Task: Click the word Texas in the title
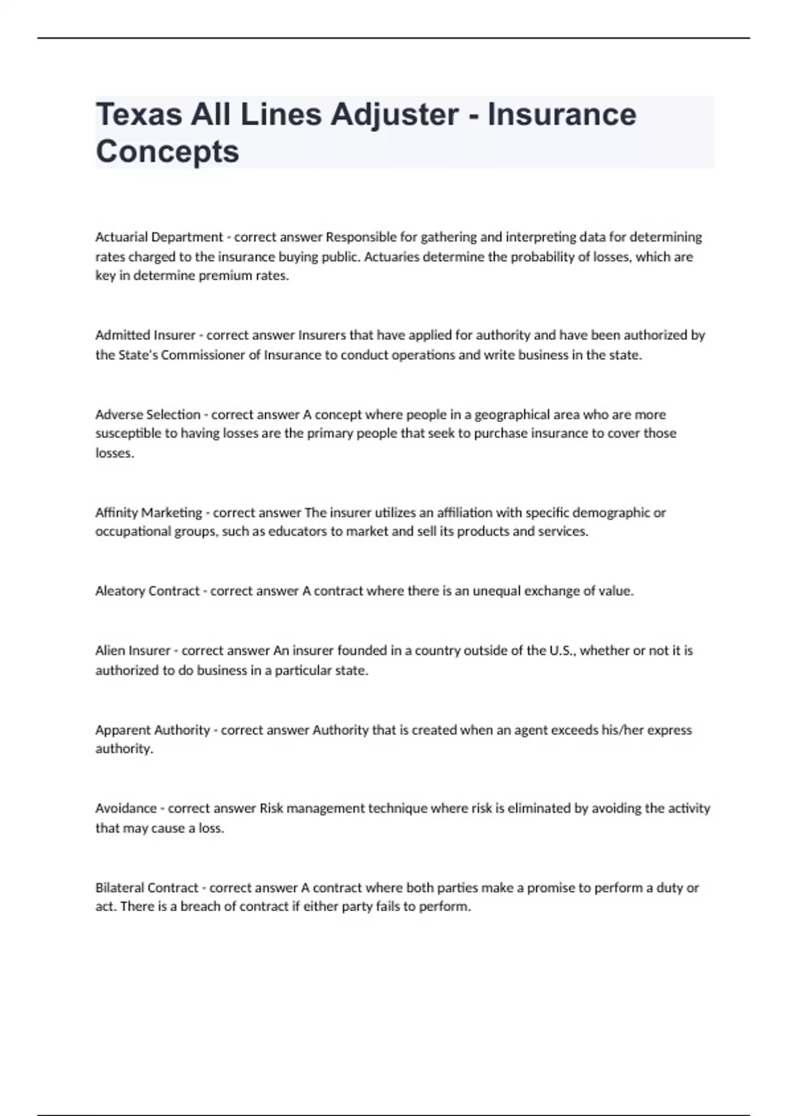[x=139, y=115]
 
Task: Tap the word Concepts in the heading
[x=167, y=152]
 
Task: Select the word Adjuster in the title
[x=394, y=115]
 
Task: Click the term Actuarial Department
[x=159, y=237]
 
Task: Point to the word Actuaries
[x=391, y=257]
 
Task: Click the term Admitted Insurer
[x=145, y=335]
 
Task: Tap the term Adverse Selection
[x=148, y=415]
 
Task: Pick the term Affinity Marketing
[x=148, y=513]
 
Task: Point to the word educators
[x=297, y=532]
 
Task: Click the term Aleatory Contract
[x=147, y=591]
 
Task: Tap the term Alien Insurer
[x=133, y=651]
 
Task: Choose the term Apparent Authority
[x=152, y=730]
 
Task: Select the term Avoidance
[x=126, y=809]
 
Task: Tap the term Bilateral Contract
[x=146, y=888]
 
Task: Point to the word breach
[x=201, y=907]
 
